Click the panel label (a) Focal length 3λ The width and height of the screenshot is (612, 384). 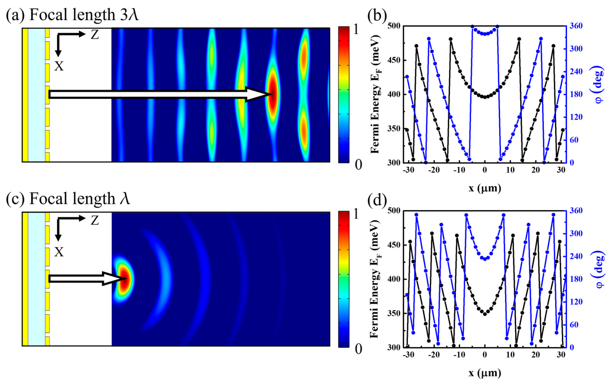click(72, 15)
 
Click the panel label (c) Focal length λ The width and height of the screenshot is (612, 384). click(68, 198)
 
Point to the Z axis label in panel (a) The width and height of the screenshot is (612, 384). click(95, 35)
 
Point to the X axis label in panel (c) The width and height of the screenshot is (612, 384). click(59, 252)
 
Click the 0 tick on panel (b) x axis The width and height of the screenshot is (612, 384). click(485, 170)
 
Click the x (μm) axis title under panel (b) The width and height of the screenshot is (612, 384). click(485, 188)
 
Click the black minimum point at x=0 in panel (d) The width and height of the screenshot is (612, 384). click(485, 314)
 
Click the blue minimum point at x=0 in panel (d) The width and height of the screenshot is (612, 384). click(485, 259)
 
